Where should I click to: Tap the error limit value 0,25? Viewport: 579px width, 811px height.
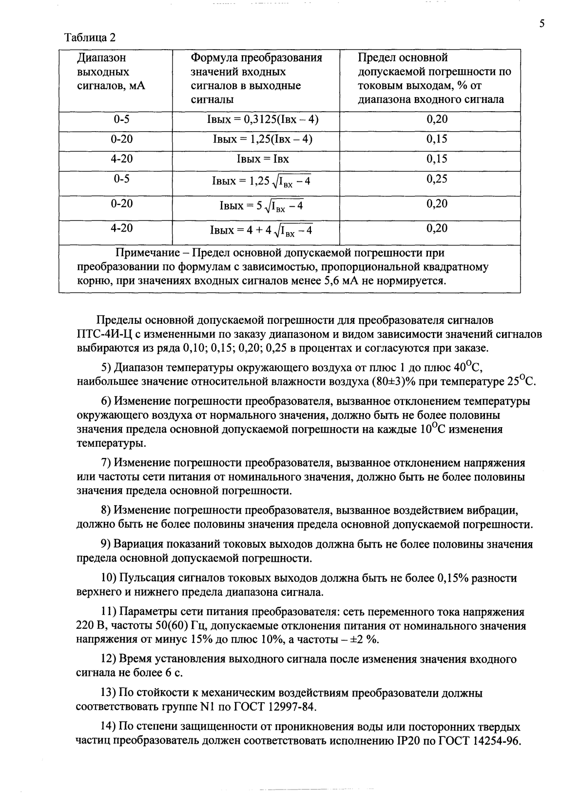[x=437, y=179]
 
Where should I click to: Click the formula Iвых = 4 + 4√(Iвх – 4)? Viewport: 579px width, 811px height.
[x=261, y=230]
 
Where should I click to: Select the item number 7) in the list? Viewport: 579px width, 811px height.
[x=106, y=463]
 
